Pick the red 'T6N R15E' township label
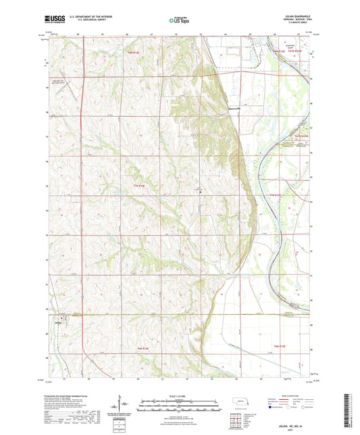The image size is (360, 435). pos(288,345)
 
